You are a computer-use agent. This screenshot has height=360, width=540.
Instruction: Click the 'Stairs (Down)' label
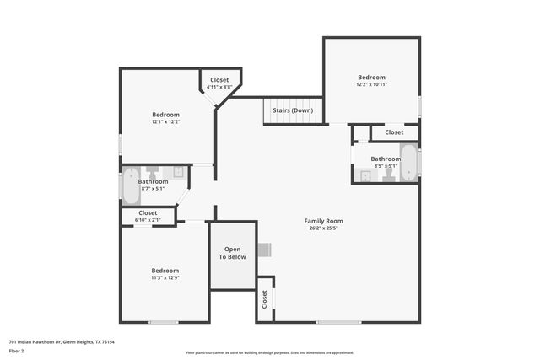(x=293, y=110)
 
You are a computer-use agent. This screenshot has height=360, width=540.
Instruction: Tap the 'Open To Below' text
(x=233, y=253)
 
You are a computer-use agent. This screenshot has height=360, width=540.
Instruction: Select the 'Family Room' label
(x=324, y=221)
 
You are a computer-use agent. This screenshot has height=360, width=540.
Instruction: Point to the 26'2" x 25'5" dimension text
(x=324, y=228)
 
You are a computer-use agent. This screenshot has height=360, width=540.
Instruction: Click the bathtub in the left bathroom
(x=131, y=185)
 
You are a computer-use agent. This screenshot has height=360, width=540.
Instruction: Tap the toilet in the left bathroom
(x=153, y=172)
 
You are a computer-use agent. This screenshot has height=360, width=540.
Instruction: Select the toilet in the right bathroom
(x=388, y=175)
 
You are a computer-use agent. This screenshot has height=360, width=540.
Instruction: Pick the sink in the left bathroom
(x=179, y=172)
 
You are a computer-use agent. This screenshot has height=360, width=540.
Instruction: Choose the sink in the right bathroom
(x=364, y=175)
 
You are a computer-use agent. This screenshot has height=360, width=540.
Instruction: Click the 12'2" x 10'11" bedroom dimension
(x=371, y=84)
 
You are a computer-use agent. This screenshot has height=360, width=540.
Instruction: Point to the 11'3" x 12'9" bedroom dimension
(x=165, y=277)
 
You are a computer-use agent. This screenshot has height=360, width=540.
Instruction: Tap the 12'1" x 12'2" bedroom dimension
(x=165, y=121)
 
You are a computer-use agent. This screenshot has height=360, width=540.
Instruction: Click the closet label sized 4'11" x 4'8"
(x=219, y=87)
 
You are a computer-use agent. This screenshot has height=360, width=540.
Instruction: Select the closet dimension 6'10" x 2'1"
(x=148, y=220)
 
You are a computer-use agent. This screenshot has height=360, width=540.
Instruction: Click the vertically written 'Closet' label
(x=264, y=298)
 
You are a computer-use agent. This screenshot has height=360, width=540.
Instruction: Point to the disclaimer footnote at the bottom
(x=270, y=352)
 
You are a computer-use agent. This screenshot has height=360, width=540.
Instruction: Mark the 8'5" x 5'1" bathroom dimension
(x=386, y=166)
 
